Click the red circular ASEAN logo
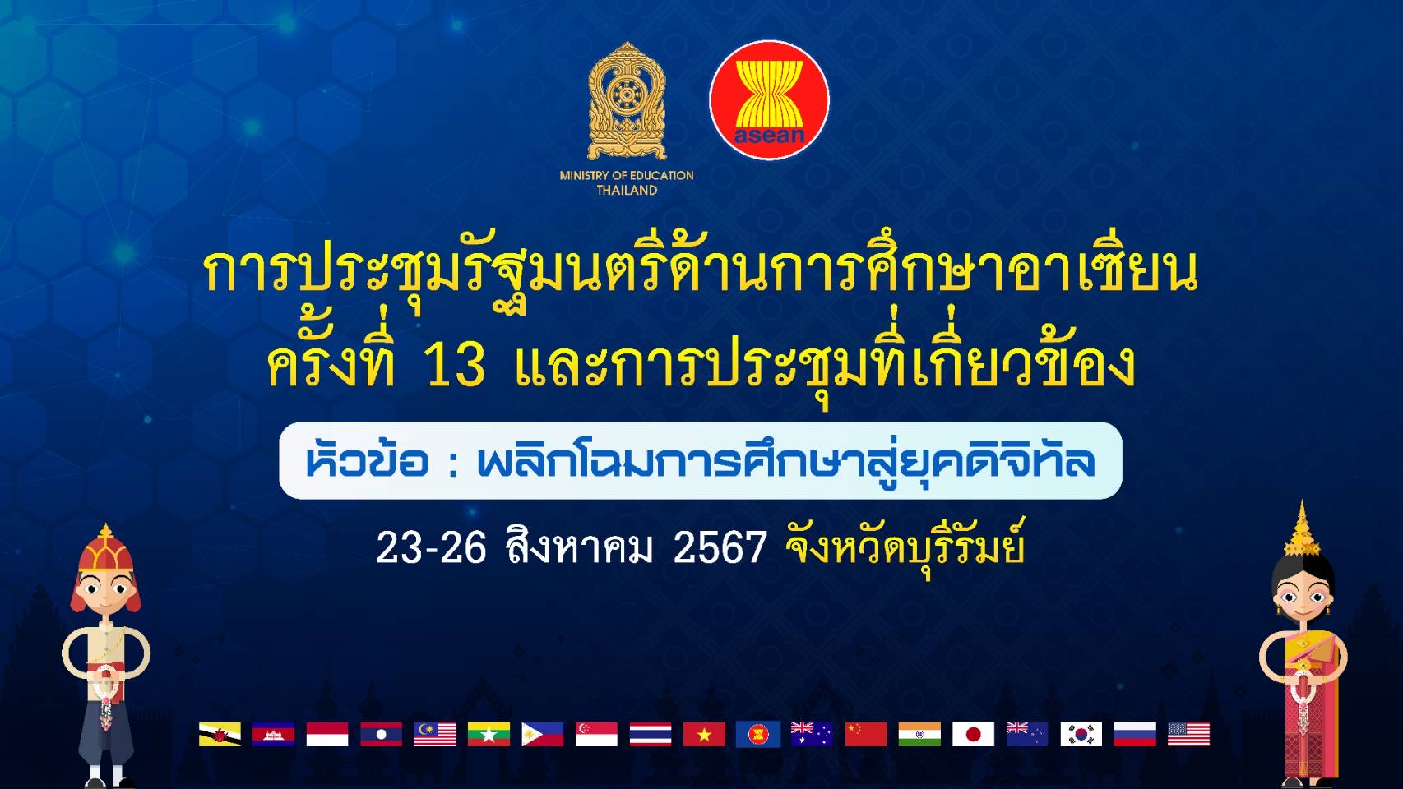coord(769,100)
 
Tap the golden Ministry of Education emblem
coord(627,101)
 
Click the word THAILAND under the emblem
coord(627,191)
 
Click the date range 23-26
coord(432,547)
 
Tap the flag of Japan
coord(974,734)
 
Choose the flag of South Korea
coord(1081,734)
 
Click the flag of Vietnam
coord(704,734)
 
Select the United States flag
coord(1189,734)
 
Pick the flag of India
coord(919,734)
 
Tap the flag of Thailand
coord(651,734)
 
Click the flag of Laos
coord(381,734)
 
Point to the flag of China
coord(866,734)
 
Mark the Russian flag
coord(1135,734)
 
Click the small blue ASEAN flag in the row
coord(758,734)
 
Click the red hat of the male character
coord(105,551)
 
